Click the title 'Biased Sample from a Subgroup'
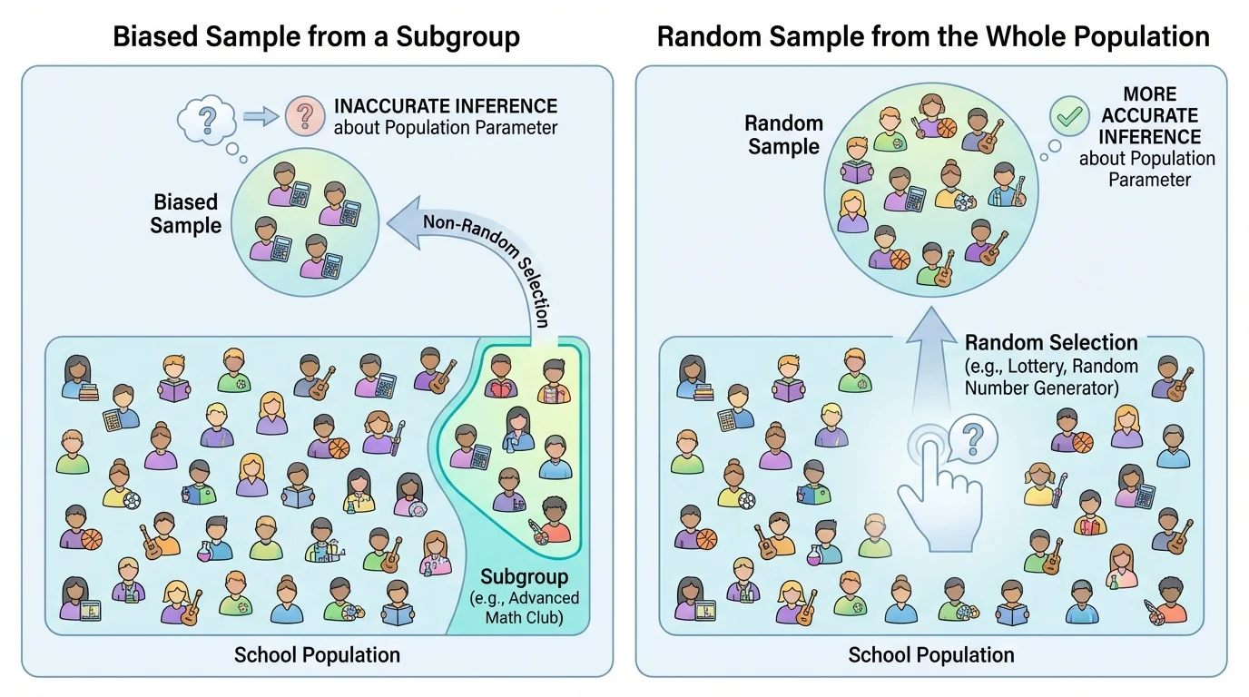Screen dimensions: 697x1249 tap(316, 37)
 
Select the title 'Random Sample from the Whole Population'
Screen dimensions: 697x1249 tap(933, 37)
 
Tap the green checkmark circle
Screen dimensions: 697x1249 tap(1069, 116)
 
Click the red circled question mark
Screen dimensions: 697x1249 tap(305, 115)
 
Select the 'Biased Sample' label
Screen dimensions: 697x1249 tap(185, 213)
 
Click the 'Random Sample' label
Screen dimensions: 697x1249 tap(783, 134)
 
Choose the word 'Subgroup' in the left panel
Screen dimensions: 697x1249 tap(524, 576)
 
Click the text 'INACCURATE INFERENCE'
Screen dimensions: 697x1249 tap(445, 106)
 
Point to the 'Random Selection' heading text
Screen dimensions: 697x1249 tap(1051, 343)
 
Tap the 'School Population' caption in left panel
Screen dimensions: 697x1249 tap(317, 654)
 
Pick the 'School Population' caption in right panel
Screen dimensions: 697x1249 tap(931, 654)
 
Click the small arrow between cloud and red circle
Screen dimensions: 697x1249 tap(261, 116)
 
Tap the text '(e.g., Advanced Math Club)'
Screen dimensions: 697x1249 tap(524, 607)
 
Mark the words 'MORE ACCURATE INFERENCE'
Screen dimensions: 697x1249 tap(1148, 115)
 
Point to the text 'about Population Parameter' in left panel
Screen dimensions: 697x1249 tap(445, 127)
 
